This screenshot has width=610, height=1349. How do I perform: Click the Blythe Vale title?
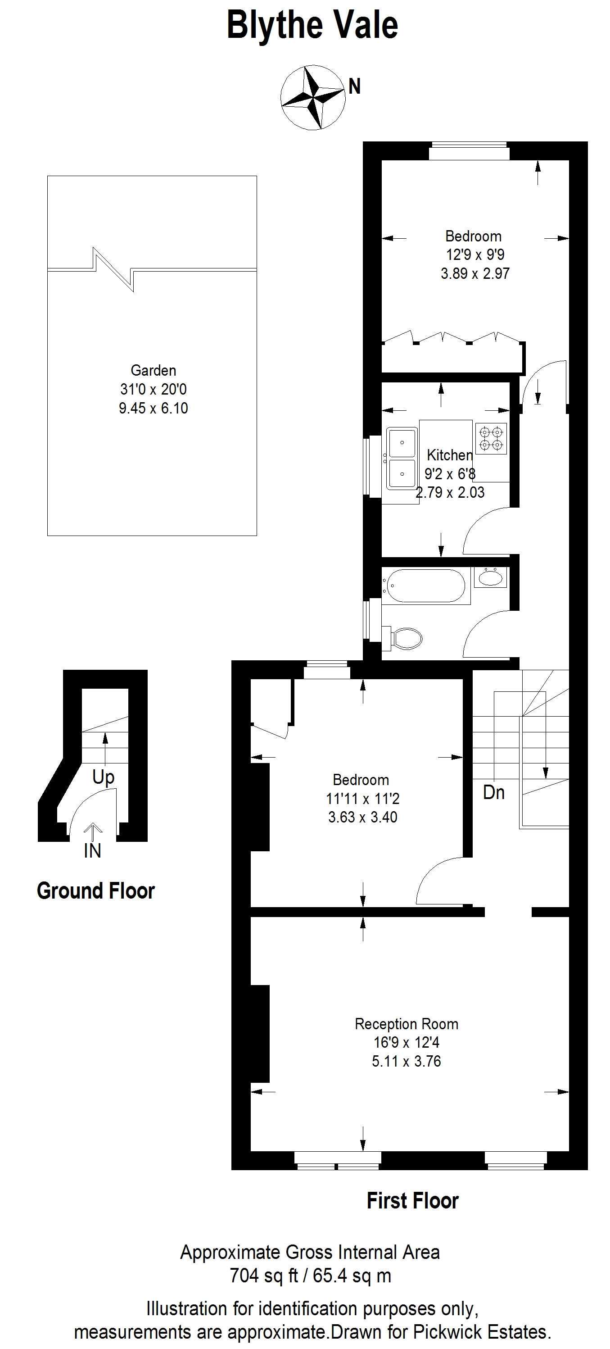coord(312,26)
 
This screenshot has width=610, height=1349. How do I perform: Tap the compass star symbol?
coord(313,97)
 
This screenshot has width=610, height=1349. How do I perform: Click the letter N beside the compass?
coord(354,86)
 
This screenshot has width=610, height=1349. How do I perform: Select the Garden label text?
coord(153,370)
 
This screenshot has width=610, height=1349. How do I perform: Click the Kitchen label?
coord(450,454)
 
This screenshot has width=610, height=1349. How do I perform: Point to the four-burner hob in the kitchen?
coord(491,438)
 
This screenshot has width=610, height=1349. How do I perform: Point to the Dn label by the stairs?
coord(494,792)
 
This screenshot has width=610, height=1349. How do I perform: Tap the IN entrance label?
coord(93,851)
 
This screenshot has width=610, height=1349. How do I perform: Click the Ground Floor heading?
coord(96,891)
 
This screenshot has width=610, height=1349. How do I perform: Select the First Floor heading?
coord(413,1201)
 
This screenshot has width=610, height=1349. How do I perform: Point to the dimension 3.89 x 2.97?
coord(475,273)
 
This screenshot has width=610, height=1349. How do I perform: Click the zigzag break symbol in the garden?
coord(113,269)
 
